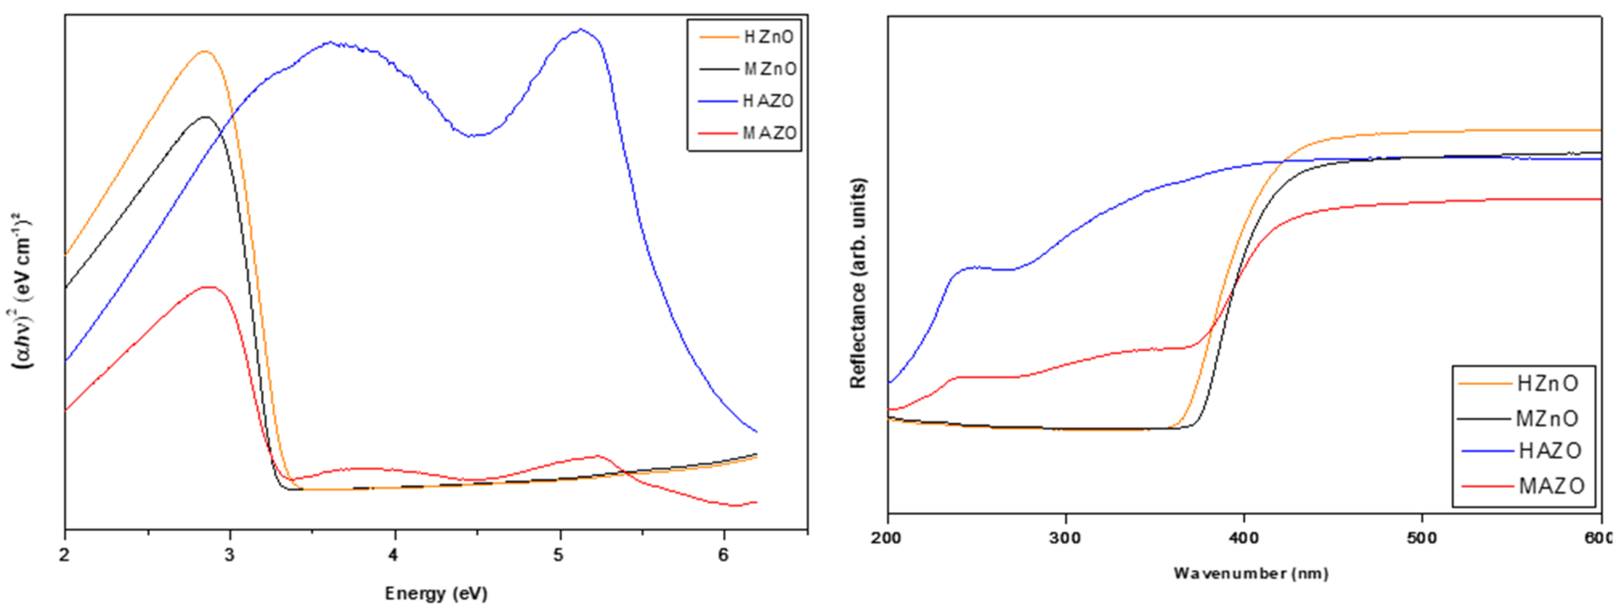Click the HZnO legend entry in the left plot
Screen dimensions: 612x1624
(x=769, y=37)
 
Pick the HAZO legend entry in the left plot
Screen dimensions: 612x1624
(x=769, y=101)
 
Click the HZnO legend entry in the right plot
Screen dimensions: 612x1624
(x=1547, y=383)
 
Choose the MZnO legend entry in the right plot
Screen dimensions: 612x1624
(x=1547, y=418)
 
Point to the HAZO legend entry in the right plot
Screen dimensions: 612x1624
(x=1550, y=451)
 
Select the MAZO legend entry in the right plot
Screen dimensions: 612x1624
(x=1551, y=486)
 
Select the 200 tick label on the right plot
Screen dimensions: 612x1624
(x=888, y=538)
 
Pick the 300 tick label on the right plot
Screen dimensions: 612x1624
(x=1066, y=538)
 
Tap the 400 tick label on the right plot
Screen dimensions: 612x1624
(x=1244, y=538)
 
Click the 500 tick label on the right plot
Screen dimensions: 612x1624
(x=1422, y=538)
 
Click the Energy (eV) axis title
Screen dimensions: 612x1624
(x=436, y=594)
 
